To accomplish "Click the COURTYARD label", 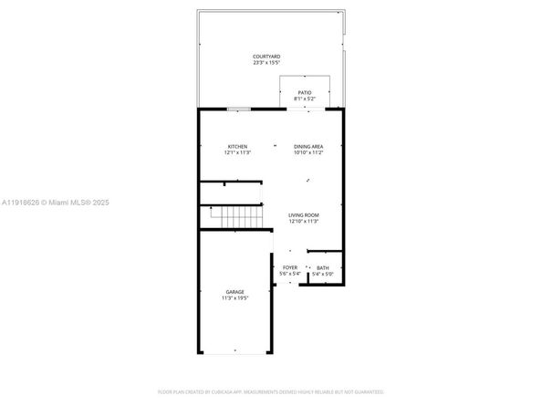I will pyautogui.click(x=266, y=57).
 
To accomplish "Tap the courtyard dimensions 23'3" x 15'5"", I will pyautogui.click(x=266, y=63).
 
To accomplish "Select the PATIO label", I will pyautogui.click(x=304, y=91).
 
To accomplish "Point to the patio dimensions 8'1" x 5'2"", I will pyautogui.click(x=304, y=98).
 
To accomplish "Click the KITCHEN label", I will pyautogui.click(x=237, y=146).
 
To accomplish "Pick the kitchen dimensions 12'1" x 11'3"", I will pyautogui.click(x=237, y=152).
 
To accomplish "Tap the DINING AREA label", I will pyautogui.click(x=308, y=146).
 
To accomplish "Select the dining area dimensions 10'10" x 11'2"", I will pyautogui.click(x=308, y=152).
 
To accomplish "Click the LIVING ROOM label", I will pyautogui.click(x=303, y=214).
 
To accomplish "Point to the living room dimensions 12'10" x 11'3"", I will pyautogui.click(x=303, y=221).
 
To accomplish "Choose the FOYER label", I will pyautogui.click(x=289, y=267).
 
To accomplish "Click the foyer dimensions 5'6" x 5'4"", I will pyautogui.click(x=289, y=274).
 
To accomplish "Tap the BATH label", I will pyautogui.click(x=323, y=267).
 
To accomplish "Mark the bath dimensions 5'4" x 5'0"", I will pyautogui.click(x=323, y=274).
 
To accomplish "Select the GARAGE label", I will pyautogui.click(x=235, y=292).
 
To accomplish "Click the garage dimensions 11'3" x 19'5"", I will pyautogui.click(x=235, y=298).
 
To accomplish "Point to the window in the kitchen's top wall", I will pyautogui.click(x=239, y=109).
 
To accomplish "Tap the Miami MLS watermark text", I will pyautogui.click(x=59, y=203).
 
